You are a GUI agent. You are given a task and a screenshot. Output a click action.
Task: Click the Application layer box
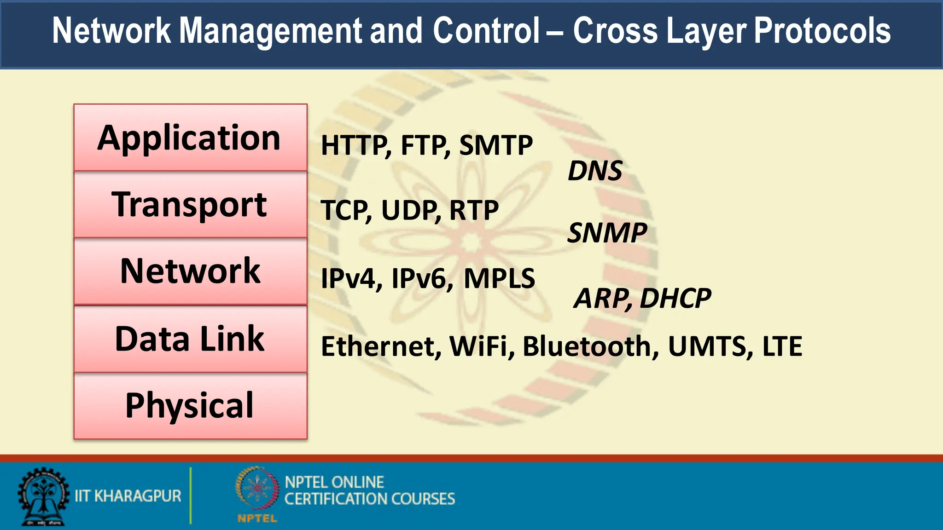point(190,138)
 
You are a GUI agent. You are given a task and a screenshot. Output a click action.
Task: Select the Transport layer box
point(190,205)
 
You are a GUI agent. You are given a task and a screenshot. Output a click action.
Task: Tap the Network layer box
point(190,271)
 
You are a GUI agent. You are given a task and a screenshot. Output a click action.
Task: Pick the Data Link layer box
point(190,339)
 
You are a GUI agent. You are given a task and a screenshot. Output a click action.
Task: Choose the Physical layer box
point(190,406)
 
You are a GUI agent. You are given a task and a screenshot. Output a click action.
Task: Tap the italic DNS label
point(595,171)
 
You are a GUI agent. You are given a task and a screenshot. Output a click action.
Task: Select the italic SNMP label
point(607,233)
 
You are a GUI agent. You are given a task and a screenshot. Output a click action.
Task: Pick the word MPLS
point(499,278)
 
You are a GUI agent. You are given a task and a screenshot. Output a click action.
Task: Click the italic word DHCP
point(675,298)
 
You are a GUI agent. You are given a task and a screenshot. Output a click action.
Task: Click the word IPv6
point(420,278)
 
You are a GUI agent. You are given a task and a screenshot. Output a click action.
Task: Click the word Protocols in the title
point(822,31)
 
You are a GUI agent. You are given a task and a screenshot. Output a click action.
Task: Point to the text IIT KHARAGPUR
point(128,496)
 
